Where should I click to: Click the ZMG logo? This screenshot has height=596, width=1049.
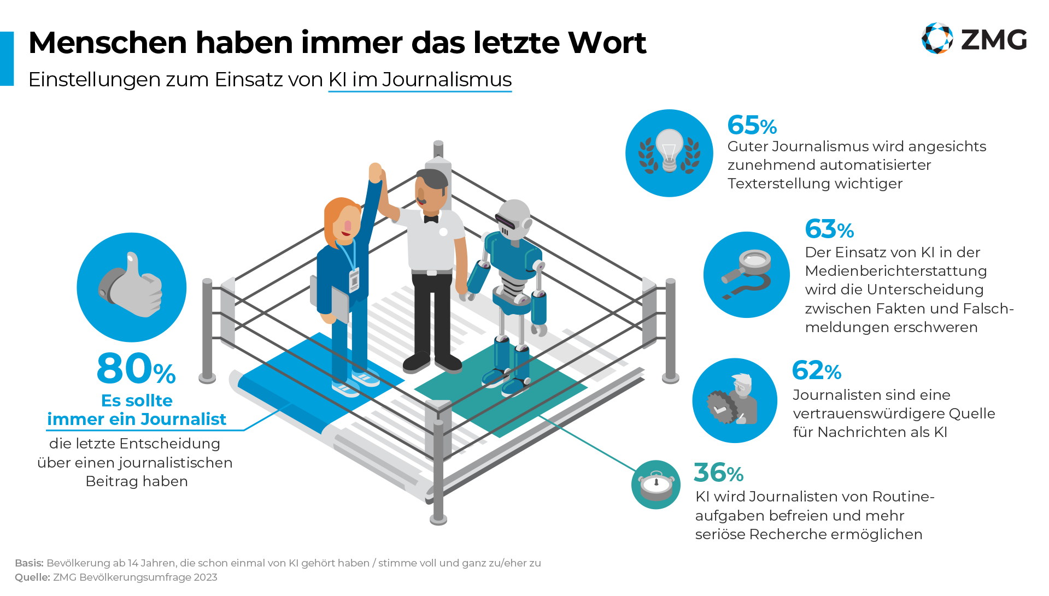[x=974, y=39]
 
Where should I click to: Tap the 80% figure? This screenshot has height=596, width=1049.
[x=136, y=369]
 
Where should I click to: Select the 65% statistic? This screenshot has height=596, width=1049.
[x=752, y=126]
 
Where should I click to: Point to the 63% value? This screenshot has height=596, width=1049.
[x=829, y=229]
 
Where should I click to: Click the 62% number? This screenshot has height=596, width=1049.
[x=817, y=371]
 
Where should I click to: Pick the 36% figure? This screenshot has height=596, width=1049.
[x=718, y=473]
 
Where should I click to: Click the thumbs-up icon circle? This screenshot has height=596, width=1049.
[x=132, y=287]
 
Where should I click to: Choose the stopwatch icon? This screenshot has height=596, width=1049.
[x=655, y=485]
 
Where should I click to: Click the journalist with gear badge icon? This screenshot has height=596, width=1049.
[x=734, y=400]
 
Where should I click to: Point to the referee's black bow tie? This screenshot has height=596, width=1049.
[x=431, y=219]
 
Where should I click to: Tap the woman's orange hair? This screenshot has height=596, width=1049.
[x=336, y=216]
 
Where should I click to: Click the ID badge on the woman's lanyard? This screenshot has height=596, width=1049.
[x=354, y=280]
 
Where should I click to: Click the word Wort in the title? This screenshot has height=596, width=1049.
[x=607, y=43]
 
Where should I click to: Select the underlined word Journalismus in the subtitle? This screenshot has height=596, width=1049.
[x=447, y=80]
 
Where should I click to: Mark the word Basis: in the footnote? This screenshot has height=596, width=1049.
[x=29, y=563]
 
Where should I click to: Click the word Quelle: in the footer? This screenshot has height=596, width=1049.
[x=32, y=577]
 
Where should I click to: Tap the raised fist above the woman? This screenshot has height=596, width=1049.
[x=376, y=172]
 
